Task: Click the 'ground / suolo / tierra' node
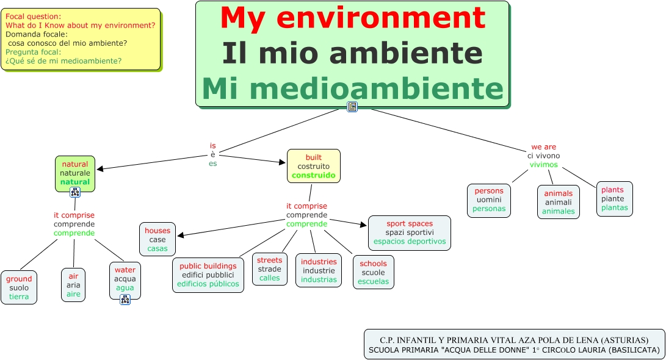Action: coord(18,287)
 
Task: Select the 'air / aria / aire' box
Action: coord(73,285)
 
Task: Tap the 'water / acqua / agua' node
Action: coord(125,279)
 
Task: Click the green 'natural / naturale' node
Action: coord(75,173)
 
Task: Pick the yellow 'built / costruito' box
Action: coord(314,166)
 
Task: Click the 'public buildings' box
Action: coord(208,275)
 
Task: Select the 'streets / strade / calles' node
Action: coord(269,269)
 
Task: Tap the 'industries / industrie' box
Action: coord(319,270)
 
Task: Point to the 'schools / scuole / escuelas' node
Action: coord(374,272)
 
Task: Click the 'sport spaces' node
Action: coord(410,232)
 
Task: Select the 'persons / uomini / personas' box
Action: coord(489,200)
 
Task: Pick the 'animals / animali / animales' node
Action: coord(559,202)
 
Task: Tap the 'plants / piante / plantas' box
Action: coord(614,198)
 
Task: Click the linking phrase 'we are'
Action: coord(543,147)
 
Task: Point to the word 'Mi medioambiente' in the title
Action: coord(353,89)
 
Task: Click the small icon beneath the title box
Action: coord(352,107)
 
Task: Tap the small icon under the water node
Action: coord(125,299)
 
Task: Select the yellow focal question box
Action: coord(81,39)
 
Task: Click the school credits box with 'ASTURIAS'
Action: coord(514,344)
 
